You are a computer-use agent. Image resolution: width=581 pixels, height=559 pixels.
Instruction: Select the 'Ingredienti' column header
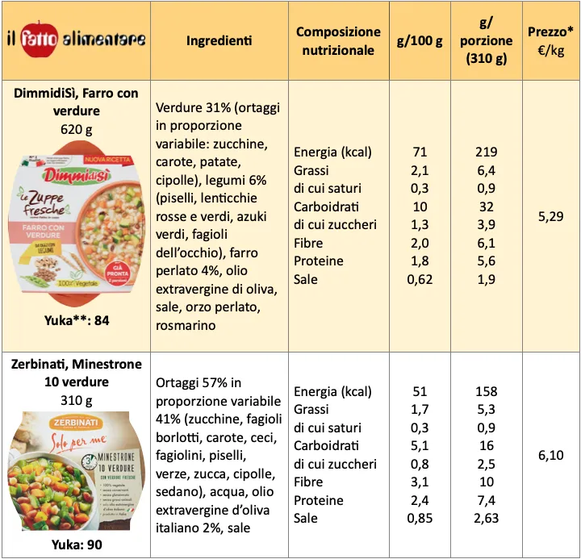[x=219, y=40]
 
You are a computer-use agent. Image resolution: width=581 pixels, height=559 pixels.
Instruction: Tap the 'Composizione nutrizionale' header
[x=338, y=40]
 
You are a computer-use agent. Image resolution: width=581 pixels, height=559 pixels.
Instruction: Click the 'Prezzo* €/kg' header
[x=551, y=40]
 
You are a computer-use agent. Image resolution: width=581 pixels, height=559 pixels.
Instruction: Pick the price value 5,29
[x=550, y=216]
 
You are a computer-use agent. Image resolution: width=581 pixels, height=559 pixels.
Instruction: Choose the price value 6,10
[x=550, y=456]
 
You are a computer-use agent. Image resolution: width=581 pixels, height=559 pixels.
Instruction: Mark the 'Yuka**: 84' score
[x=76, y=321]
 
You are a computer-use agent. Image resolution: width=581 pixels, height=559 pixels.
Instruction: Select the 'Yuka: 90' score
[x=76, y=544]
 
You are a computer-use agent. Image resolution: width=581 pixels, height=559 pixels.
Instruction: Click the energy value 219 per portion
[x=487, y=152]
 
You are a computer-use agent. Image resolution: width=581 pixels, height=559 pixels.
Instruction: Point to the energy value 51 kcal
[x=420, y=391]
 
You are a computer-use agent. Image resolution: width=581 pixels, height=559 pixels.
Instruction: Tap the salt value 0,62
[x=420, y=279]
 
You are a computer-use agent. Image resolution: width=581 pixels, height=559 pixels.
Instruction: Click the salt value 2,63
[x=487, y=518]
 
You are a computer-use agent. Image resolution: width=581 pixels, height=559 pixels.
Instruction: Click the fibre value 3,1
[x=420, y=482]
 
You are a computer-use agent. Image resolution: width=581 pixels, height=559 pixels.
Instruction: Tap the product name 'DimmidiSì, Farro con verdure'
[x=76, y=102]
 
